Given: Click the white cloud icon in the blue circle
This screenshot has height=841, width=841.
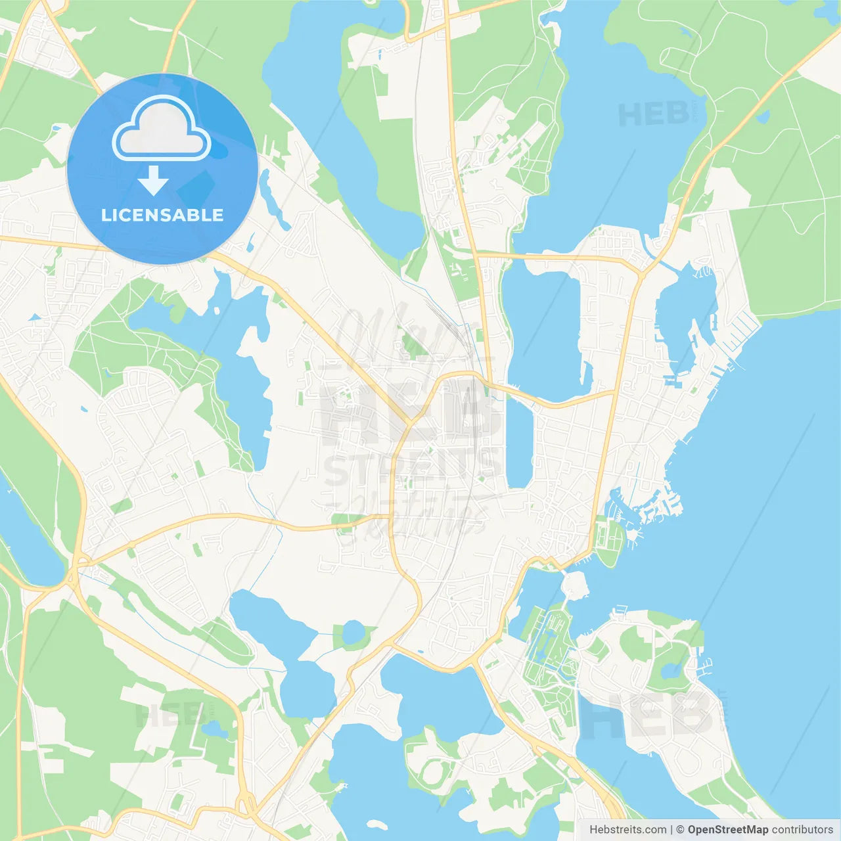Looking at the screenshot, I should [161, 129].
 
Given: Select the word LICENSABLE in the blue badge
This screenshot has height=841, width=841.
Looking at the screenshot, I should [162, 215].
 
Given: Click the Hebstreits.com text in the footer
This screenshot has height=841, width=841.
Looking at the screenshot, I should [627, 830].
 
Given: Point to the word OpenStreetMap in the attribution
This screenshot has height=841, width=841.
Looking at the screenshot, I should [728, 830].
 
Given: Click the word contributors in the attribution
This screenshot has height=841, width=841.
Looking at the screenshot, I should [802, 830].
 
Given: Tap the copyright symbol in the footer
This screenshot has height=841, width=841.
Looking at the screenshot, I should [681, 830].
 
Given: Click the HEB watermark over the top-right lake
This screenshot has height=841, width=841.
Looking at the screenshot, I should [654, 114].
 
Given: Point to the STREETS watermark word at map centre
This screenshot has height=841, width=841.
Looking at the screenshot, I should [411, 468].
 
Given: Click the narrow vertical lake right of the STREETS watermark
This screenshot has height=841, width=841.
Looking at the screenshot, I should [519, 443].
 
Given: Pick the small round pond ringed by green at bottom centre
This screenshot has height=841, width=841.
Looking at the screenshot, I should [353, 633].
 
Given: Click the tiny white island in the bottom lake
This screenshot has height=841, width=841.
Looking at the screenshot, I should [376, 824].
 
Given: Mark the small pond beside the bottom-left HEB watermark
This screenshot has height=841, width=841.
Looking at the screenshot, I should [214, 729].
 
